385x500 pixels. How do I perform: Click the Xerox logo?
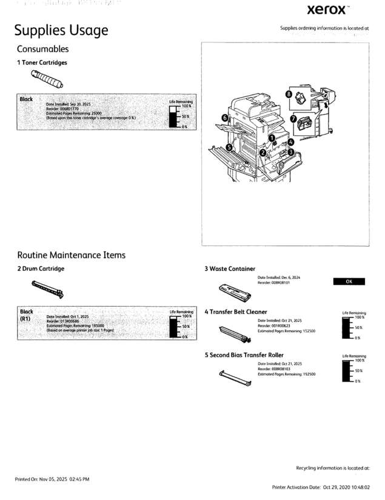pos(328,10)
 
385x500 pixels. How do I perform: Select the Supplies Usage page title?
pos(61,30)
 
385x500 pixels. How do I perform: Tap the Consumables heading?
pos(42,49)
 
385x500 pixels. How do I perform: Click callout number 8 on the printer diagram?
pos(289,95)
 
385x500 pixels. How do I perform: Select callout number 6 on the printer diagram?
pos(224,117)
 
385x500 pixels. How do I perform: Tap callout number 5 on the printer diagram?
pos(229,147)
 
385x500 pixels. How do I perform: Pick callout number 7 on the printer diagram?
pos(293,119)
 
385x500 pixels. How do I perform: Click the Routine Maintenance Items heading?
pos(71,255)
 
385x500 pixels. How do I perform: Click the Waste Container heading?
pos(230,268)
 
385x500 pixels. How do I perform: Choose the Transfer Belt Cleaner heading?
pos(236,312)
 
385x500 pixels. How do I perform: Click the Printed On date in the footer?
pos(52,479)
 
